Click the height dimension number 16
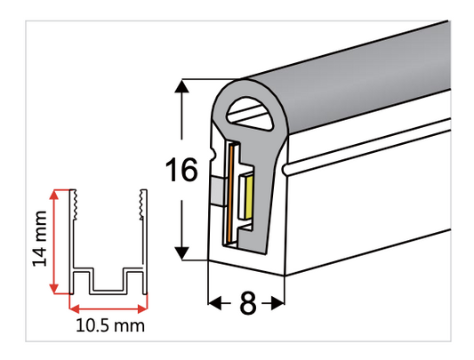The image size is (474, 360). point(182,170)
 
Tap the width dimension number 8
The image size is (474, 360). point(247,304)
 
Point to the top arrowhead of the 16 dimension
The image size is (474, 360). point(182,87)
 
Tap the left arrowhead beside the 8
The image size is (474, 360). point(214,304)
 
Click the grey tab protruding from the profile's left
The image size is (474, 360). point(217,188)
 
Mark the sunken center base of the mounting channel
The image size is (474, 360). point(108,289)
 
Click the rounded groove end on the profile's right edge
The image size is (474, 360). point(285,167)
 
